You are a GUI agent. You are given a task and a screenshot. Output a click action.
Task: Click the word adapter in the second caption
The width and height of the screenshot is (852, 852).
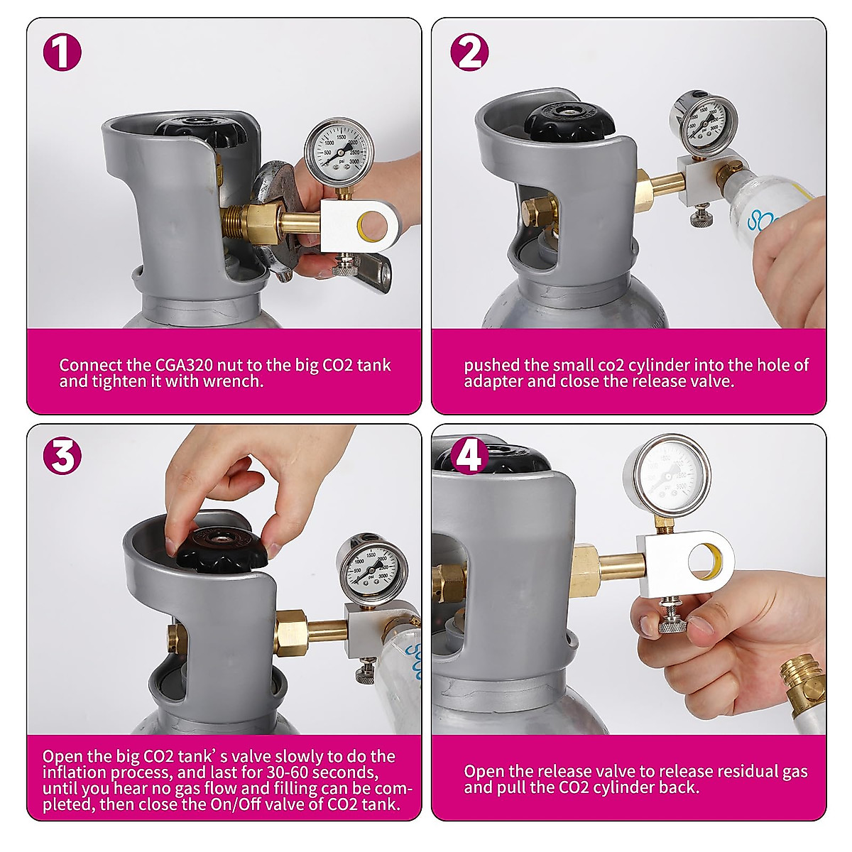tap(492, 382)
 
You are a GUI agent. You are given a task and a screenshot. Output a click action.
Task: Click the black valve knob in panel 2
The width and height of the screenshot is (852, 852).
tap(567, 121)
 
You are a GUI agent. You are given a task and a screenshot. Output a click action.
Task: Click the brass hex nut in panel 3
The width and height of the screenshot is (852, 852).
tap(292, 633)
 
